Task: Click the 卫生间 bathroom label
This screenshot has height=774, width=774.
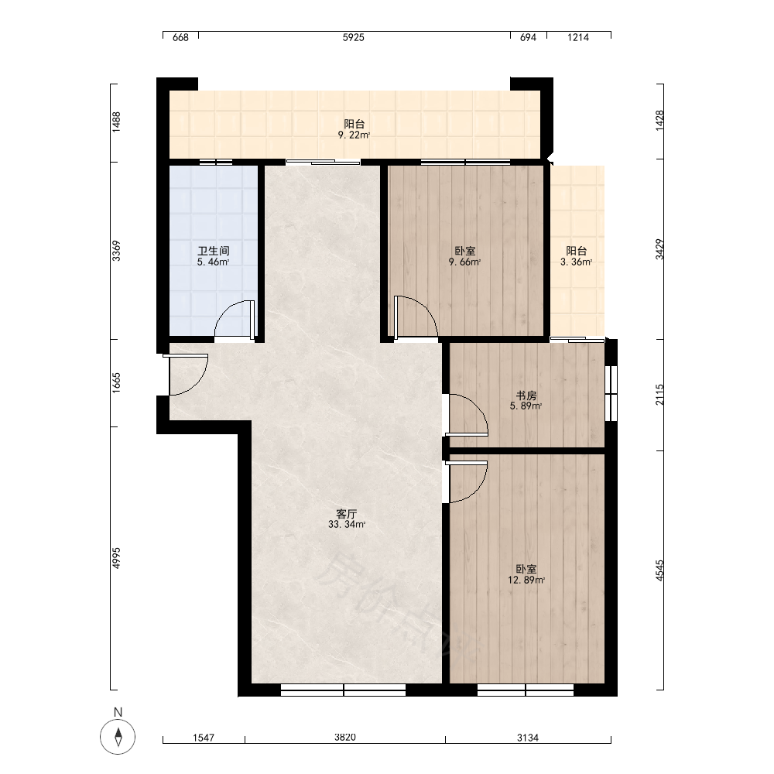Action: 214,251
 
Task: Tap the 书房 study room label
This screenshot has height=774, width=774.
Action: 526,396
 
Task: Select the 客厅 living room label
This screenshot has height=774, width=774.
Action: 347,514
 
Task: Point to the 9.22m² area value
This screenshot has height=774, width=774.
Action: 354,135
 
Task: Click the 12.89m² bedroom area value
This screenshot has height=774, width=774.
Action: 526,580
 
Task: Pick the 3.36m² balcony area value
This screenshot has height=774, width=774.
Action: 576,262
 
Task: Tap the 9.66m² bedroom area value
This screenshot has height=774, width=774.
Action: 464,262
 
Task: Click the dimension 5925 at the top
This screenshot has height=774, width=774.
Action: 354,37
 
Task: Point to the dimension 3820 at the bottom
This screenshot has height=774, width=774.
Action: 345,738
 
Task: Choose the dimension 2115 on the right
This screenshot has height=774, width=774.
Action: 659,395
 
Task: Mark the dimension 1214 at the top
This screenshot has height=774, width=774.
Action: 578,37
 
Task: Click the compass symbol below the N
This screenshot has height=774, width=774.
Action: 118,738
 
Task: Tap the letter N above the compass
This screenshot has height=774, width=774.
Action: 118,712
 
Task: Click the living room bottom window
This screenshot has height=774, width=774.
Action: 343,690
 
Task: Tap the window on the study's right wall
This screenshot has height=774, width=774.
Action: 611,393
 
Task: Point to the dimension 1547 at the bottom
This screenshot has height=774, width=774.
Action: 204,738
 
